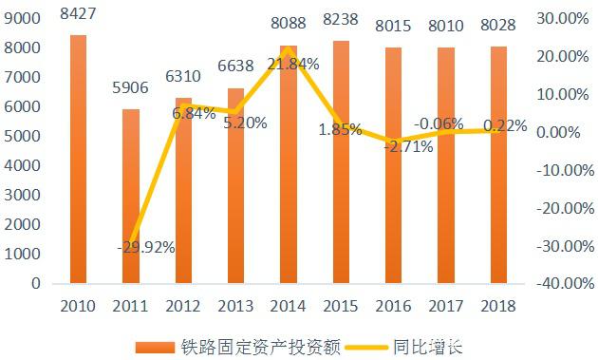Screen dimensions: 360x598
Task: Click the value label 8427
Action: (78, 13)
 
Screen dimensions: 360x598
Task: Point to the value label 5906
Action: (130, 88)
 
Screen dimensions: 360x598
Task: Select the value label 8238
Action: (340, 19)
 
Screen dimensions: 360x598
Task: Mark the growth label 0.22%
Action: (506, 124)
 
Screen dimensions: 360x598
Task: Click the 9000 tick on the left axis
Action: (26, 18)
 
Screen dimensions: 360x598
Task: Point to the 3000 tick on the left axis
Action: (26, 195)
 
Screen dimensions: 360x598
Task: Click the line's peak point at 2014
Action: (288, 48)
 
